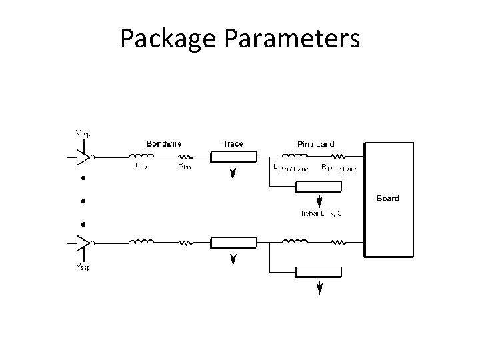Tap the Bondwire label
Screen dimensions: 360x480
coord(165,143)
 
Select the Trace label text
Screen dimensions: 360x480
coord(233,143)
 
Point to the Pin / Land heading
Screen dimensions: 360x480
coord(316,143)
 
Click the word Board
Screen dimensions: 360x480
coord(388,198)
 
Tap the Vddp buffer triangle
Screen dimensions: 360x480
coord(83,157)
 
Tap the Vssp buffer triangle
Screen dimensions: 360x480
coord(83,242)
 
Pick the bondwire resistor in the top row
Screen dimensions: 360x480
coord(185,157)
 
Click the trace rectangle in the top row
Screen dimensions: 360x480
coord(233,158)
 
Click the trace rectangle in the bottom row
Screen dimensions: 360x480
coord(233,243)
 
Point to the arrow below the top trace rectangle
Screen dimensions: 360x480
coord(233,174)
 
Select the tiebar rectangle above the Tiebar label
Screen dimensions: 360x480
coord(319,187)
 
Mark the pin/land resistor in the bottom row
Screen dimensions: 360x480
coord(338,242)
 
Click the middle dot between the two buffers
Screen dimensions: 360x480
coord(84,201)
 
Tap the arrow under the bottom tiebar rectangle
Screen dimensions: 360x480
coord(319,287)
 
